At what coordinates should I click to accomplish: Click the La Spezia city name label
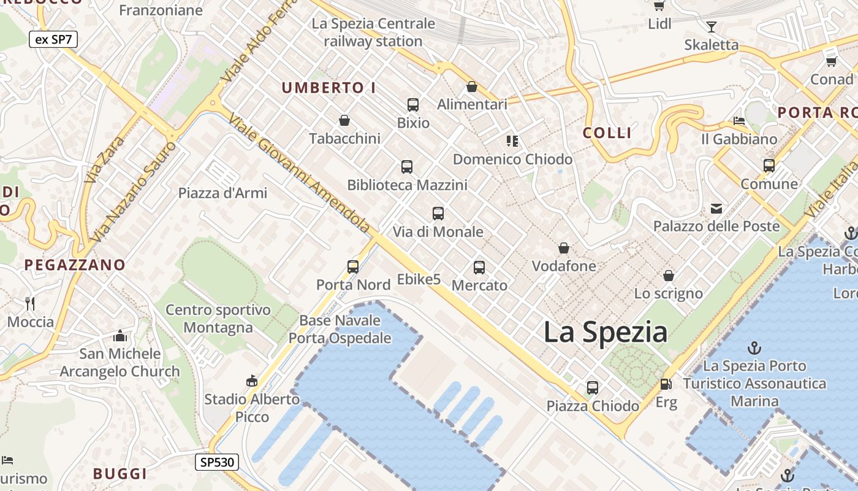[605, 332]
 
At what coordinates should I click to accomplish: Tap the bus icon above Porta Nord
[353, 266]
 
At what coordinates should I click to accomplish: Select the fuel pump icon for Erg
[666, 385]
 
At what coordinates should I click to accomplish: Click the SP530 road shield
[217, 462]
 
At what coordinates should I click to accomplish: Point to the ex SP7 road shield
[53, 39]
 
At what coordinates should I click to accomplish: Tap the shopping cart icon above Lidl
[659, 6]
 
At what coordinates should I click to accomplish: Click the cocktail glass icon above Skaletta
[711, 27]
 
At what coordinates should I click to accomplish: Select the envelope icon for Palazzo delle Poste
[716, 209]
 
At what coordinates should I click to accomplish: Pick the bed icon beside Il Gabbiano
[739, 121]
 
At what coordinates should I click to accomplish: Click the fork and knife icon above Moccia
[30, 303]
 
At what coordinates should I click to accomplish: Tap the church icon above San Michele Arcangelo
[120, 336]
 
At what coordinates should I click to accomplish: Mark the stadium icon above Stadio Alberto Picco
[251, 381]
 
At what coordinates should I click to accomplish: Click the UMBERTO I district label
[328, 88]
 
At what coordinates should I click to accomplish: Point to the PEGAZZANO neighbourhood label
[75, 265]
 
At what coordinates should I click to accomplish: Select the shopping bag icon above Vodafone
[563, 249]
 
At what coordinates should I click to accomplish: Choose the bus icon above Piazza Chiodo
[592, 388]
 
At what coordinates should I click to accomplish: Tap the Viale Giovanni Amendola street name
[300, 174]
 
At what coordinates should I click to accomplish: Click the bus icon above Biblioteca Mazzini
[407, 167]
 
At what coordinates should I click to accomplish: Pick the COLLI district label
[607, 133]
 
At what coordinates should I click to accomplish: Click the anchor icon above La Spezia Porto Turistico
[754, 349]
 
